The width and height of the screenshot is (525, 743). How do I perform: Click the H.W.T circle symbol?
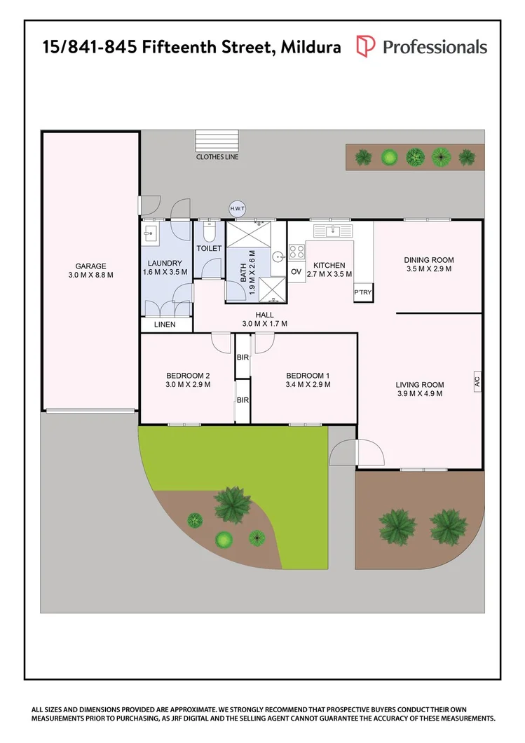tap(237, 208)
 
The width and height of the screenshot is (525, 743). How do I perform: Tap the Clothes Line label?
tap(217, 157)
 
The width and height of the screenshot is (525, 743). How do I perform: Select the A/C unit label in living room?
tap(477, 381)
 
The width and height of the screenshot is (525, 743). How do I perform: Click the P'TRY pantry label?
tap(363, 292)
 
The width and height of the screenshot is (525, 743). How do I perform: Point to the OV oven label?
tap(296, 272)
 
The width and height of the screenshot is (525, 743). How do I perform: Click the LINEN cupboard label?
tap(165, 325)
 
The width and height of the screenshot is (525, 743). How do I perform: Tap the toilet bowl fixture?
tap(209, 231)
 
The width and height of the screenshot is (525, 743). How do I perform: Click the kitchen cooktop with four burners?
tap(297, 251)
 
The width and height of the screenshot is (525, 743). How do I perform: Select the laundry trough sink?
tap(150, 233)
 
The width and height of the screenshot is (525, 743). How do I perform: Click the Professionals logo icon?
tap(365, 46)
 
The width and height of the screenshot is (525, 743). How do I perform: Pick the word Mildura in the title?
tap(311, 47)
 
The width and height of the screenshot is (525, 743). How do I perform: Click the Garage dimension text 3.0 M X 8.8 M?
tap(91, 275)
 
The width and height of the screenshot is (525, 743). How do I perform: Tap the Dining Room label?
tap(429, 259)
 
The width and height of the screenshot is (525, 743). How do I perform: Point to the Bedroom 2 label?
tap(188, 376)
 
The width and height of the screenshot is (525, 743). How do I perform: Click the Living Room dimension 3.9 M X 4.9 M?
tap(420, 393)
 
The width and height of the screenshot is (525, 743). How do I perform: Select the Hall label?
tap(264, 315)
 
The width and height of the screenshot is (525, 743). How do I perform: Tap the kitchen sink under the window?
tap(333, 231)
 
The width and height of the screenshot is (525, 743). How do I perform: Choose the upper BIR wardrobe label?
tap(243, 357)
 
